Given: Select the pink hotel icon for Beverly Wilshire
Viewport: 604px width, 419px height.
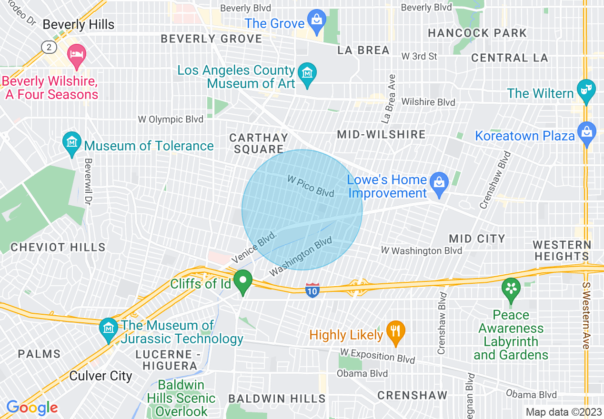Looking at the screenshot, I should tap(76, 53).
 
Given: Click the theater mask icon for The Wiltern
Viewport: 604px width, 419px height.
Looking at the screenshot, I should tap(586, 90).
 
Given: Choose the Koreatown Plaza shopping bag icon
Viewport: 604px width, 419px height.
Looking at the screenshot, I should tap(586, 132).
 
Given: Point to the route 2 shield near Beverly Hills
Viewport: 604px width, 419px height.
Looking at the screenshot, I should tap(49, 47).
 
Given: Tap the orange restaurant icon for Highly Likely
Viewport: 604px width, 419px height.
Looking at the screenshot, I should tap(395, 331).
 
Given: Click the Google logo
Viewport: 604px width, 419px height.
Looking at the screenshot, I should tap(32, 408).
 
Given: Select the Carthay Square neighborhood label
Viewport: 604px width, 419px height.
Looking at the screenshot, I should tap(259, 143).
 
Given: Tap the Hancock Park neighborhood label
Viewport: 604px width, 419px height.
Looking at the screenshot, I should tap(477, 33).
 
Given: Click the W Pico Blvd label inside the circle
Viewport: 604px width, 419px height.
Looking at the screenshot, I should tap(311, 185).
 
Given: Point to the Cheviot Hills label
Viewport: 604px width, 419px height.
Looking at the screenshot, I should tap(58, 247).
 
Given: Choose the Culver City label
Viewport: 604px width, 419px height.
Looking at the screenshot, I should tap(101, 376).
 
